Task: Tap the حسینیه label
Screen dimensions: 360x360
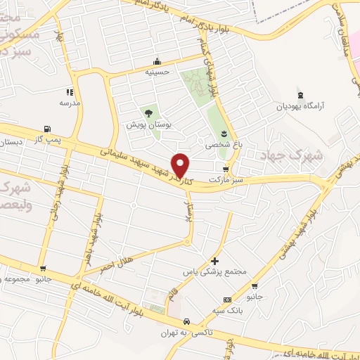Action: point(158,72)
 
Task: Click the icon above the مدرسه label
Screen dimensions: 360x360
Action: point(70,92)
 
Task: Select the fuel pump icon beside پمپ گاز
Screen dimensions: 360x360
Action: point(47,129)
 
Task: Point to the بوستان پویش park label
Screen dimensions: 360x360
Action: point(144,124)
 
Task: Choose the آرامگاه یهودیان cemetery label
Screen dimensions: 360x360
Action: point(302,107)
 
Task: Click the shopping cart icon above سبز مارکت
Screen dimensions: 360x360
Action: point(225,169)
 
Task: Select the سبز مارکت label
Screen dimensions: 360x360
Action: point(224,181)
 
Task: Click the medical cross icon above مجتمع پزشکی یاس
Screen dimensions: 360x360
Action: point(214,261)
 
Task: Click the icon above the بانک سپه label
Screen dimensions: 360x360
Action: point(226,299)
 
